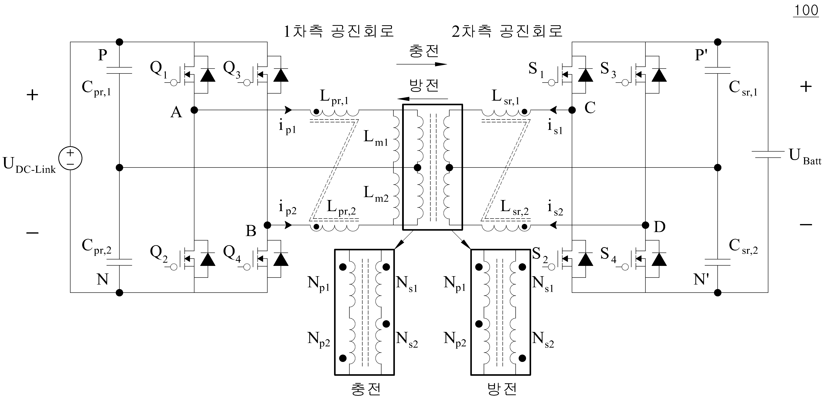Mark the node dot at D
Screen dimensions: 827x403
pos(645,225)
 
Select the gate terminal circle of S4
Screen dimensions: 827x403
pos(625,267)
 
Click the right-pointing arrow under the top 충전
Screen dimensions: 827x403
pos(422,64)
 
